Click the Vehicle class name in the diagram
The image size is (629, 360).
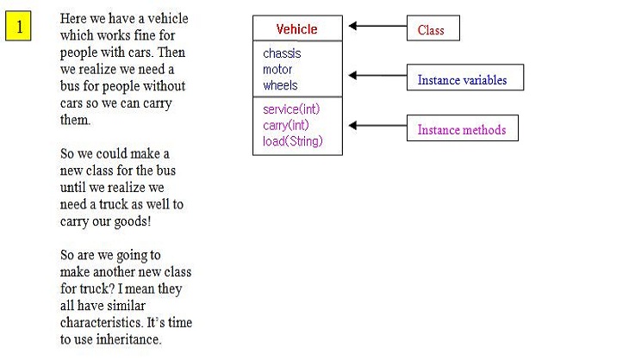click(x=296, y=29)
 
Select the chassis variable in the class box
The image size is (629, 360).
click(x=282, y=53)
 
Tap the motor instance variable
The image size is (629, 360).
click(x=277, y=70)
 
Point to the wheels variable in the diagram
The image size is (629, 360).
click(x=280, y=85)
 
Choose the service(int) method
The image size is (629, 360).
click(x=291, y=109)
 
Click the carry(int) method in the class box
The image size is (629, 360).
click(x=285, y=126)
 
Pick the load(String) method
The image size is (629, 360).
click(x=293, y=141)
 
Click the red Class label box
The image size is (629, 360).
click(x=433, y=29)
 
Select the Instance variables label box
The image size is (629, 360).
click(x=464, y=78)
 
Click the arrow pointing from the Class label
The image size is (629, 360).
click(x=377, y=26)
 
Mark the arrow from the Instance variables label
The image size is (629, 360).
click(x=377, y=76)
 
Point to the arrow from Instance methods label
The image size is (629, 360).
click(x=377, y=126)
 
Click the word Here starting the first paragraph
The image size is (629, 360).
click(x=75, y=19)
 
